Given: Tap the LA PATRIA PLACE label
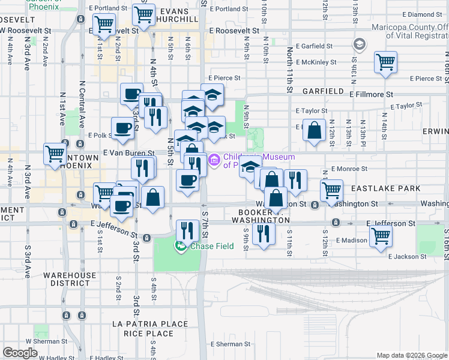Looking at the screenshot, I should [x=149, y=324].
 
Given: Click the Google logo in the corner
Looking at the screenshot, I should [x=20, y=352].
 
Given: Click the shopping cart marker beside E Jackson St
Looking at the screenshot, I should [x=381, y=235].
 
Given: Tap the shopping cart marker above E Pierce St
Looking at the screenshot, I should [x=385, y=62].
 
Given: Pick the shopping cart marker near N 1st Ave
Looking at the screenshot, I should [x=55, y=153].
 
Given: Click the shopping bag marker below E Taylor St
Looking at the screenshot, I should [x=314, y=130].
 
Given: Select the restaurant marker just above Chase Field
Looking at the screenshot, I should [x=187, y=230].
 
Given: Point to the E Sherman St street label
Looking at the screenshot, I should [x=231, y=344].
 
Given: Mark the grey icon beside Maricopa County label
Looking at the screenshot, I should [x=359, y=44].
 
